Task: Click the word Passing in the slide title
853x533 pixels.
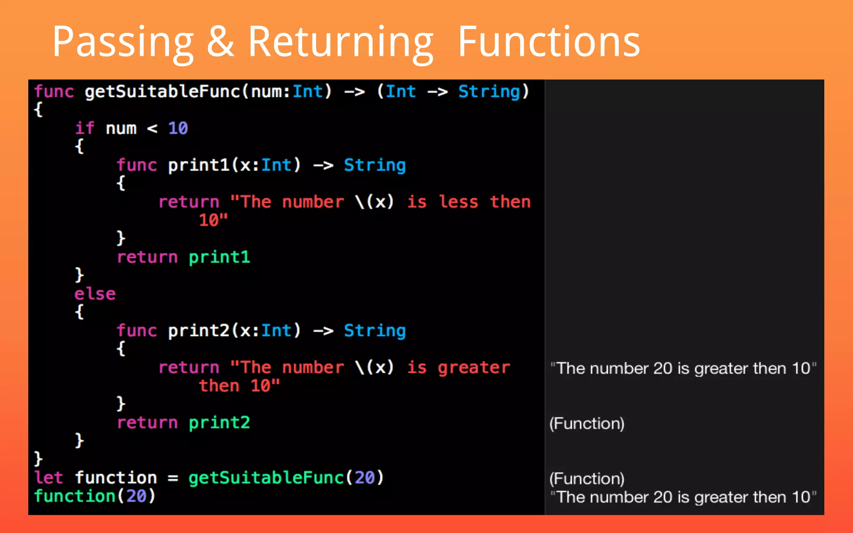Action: (x=123, y=42)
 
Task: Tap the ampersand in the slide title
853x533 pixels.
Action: (x=220, y=42)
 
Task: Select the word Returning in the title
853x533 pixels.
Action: (x=341, y=42)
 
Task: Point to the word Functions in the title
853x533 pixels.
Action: (x=549, y=42)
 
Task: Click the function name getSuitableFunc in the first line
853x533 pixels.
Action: (x=162, y=92)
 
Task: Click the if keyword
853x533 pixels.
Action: (x=85, y=128)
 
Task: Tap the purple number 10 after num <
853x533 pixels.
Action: (x=178, y=128)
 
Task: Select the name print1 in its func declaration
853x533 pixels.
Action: (x=199, y=165)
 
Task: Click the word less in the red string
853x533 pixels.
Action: (x=459, y=202)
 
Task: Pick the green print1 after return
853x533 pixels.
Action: (x=219, y=257)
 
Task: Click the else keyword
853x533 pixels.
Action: (x=95, y=294)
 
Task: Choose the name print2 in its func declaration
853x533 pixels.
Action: (x=199, y=331)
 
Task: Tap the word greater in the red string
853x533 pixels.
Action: (x=474, y=367)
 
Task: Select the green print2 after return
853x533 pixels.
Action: (x=219, y=423)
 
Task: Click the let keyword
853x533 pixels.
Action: (x=48, y=478)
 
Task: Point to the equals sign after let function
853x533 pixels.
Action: (x=173, y=478)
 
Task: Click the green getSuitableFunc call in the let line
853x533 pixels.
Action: (x=266, y=478)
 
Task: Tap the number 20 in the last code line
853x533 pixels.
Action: (x=136, y=496)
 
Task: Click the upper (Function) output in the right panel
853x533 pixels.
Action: (x=587, y=423)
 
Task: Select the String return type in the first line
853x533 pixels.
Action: (x=489, y=92)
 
